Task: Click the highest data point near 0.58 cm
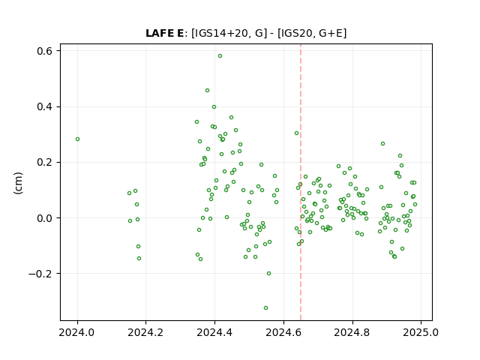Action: point(220,56)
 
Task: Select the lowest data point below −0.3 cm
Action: point(265,308)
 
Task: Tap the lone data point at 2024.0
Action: point(77,139)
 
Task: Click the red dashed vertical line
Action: point(301,182)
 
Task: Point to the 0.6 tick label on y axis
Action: point(45,51)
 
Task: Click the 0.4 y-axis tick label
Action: point(45,106)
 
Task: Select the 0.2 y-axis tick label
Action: point(45,162)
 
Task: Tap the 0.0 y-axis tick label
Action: point(45,218)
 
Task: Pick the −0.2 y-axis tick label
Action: point(40,274)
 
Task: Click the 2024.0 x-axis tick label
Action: point(76,332)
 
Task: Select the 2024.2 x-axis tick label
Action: point(145,332)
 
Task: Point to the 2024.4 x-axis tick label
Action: point(214,332)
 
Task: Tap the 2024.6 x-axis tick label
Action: point(283,332)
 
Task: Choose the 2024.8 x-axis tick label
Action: point(352,332)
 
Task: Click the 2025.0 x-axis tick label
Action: point(421,332)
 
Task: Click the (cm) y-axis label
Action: point(18,183)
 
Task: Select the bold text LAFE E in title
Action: point(164,33)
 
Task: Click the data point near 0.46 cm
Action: point(207,90)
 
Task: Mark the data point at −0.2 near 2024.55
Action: point(268,273)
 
